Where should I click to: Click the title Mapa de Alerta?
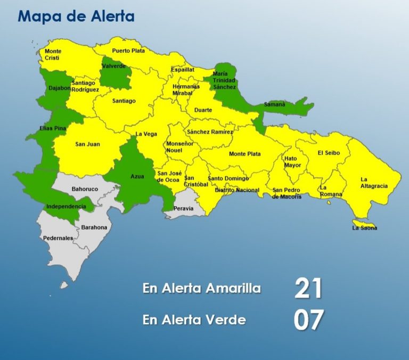(x=76, y=16)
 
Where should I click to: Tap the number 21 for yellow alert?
(x=308, y=288)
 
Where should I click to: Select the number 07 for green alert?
(x=308, y=320)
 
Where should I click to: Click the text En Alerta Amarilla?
(x=202, y=289)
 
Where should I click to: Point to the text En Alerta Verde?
(x=194, y=320)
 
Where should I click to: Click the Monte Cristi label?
(x=53, y=54)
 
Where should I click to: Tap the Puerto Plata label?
(x=128, y=51)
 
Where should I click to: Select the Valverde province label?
(x=114, y=66)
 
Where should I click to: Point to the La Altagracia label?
(x=374, y=183)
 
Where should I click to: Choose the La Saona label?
(x=364, y=228)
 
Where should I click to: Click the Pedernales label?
(x=58, y=238)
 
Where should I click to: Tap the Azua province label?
(x=137, y=176)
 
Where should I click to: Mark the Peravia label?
(x=183, y=208)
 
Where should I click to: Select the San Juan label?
(x=87, y=144)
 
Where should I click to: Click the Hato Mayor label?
(x=292, y=162)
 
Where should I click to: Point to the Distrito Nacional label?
(x=237, y=190)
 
